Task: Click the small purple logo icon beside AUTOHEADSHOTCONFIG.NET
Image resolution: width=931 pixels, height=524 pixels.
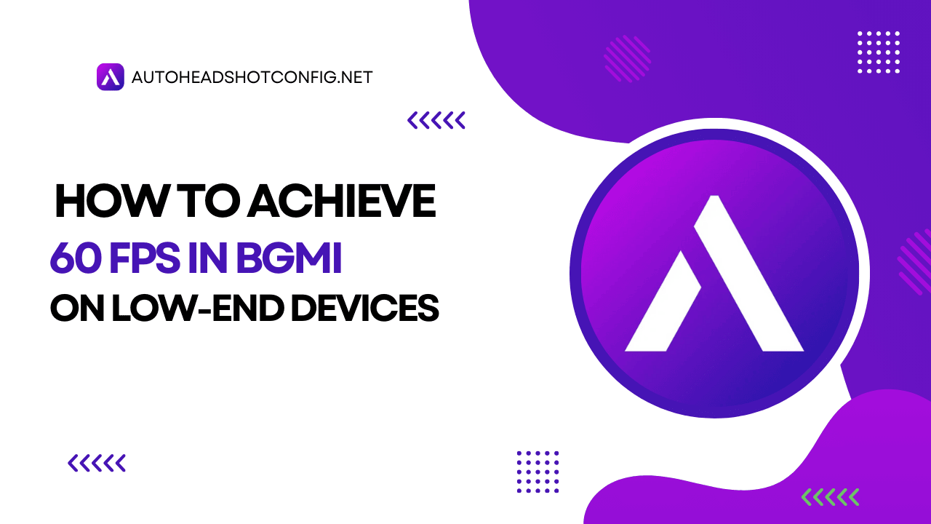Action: [110, 77]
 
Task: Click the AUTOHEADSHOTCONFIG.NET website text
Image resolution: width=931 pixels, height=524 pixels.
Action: [252, 77]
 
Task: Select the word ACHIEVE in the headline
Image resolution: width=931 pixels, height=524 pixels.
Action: [342, 202]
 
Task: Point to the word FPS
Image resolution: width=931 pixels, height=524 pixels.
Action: [144, 258]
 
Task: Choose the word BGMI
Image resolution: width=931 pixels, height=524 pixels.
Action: [289, 258]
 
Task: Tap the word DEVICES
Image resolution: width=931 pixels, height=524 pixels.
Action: [365, 308]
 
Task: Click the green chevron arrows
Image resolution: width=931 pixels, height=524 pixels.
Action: [830, 497]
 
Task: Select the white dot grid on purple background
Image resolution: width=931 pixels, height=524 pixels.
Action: [879, 52]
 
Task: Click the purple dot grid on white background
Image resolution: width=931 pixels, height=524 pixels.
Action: [538, 472]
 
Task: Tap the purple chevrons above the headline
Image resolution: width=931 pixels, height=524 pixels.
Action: [436, 120]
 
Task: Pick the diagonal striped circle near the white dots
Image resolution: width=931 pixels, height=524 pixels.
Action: [627, 59]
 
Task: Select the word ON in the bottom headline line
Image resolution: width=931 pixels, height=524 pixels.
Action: [77, 308]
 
